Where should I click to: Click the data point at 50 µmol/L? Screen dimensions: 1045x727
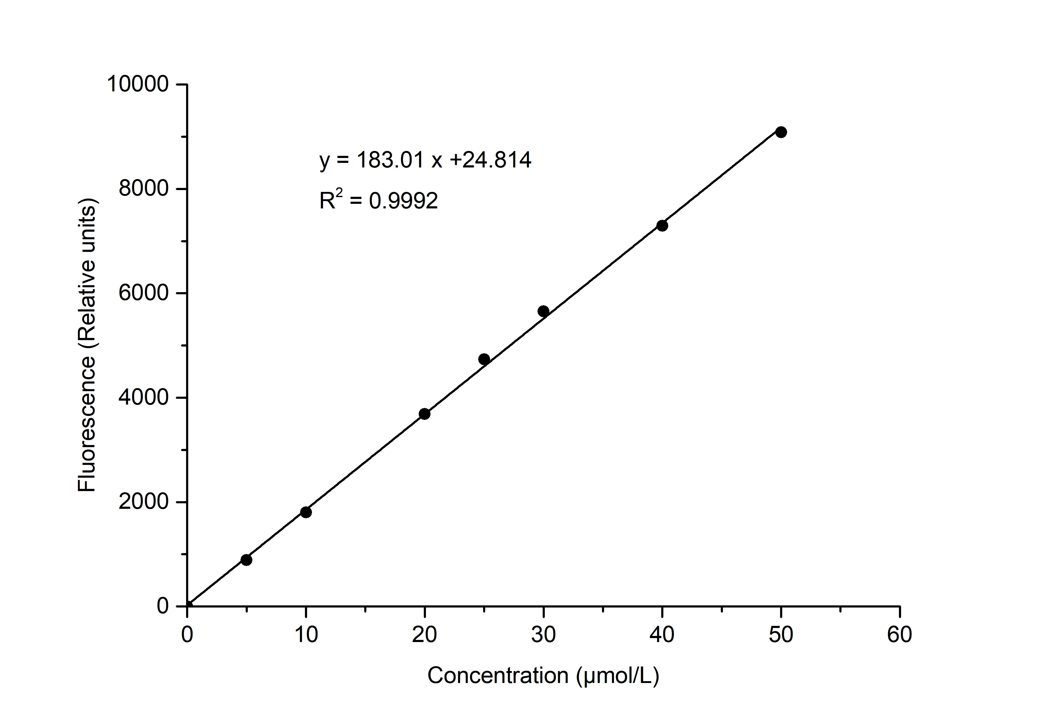[x=781, y=132]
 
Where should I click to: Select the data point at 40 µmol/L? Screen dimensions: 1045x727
[x=662, y=225]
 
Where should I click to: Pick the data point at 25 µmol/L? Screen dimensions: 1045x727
[x=484, y=359]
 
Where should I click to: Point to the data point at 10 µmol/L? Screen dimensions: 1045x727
[x=306, y=512]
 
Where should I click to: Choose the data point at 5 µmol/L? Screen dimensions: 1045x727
[x=246, y=560]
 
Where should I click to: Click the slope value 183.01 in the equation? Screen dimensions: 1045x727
[x=390, y=160]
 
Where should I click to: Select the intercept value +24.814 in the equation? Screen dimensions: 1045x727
[x=490, y=160]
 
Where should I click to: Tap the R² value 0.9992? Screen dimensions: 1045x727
[x=403, y=201]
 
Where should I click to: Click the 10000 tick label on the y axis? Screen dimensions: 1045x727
[x=137, y=84]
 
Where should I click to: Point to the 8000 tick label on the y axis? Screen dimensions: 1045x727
[x=144, y=189]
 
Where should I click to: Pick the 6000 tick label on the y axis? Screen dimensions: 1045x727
[x=144, y=293]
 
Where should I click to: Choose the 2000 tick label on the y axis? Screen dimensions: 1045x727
[x=144, y=502]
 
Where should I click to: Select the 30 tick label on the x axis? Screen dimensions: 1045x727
[x=544, y=635]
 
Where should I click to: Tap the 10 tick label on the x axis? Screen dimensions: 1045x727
[x=306, y=635]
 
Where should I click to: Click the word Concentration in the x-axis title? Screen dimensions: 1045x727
[x=498, y=676]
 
